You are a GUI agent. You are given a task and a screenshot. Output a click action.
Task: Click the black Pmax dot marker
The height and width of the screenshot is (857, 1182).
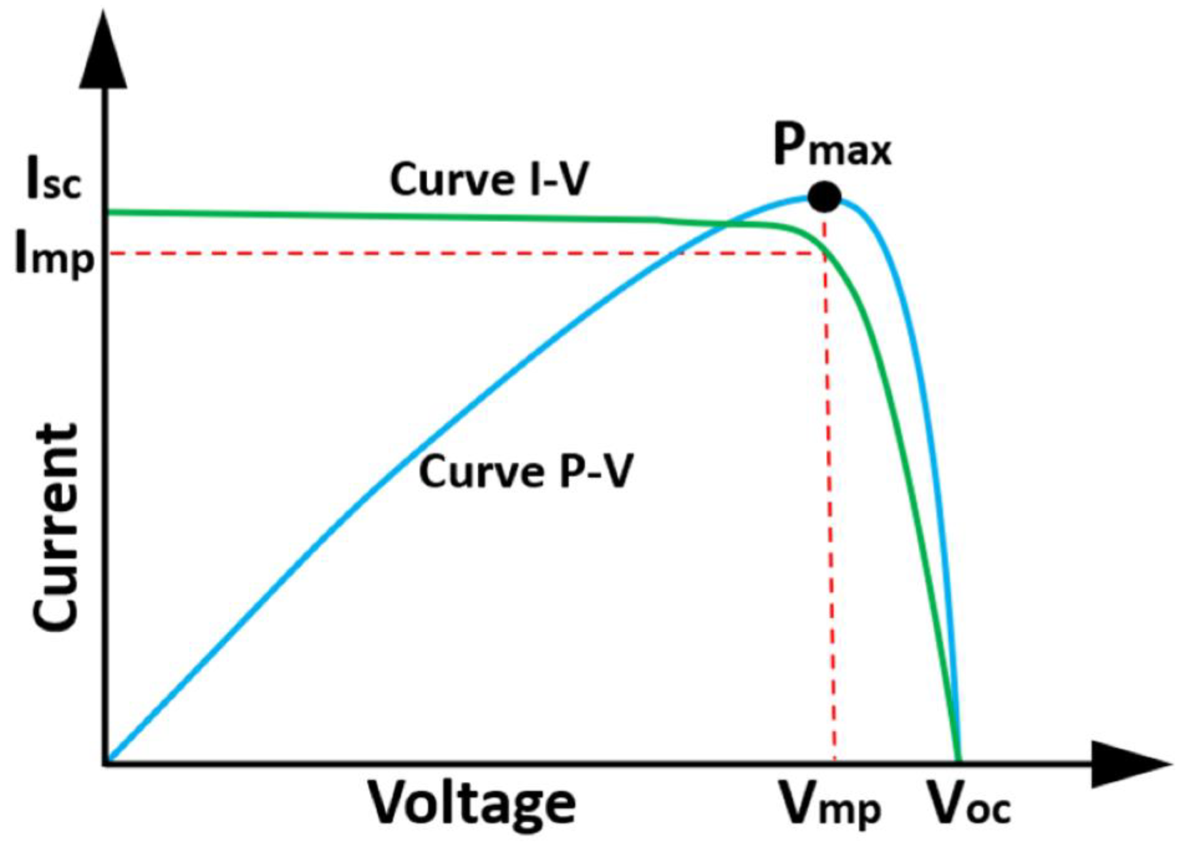click(x=824, y=196)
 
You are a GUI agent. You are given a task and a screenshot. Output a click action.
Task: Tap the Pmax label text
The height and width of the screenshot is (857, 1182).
click(x=831, y=146)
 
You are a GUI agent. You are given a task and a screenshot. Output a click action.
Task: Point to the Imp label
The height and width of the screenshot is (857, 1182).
click(x=55, y=257)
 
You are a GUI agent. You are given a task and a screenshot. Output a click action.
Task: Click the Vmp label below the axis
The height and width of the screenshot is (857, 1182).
click(x=831, y=808)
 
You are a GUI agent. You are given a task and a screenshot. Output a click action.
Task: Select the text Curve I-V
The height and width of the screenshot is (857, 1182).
click(x=489, y=179)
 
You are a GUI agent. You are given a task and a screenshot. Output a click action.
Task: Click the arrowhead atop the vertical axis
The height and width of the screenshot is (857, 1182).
click(x=103, y=53)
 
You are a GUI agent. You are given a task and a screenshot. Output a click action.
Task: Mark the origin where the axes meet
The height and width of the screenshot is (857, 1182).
click(x=105, y=762)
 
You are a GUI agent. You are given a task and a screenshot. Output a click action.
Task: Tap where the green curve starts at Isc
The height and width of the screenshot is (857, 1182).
click(x=108, y=211)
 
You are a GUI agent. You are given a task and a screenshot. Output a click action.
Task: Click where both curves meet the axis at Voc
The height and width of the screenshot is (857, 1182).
click(x=958, y=760)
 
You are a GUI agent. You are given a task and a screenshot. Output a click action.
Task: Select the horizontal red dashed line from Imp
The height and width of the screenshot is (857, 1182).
click(x=457, y=253)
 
